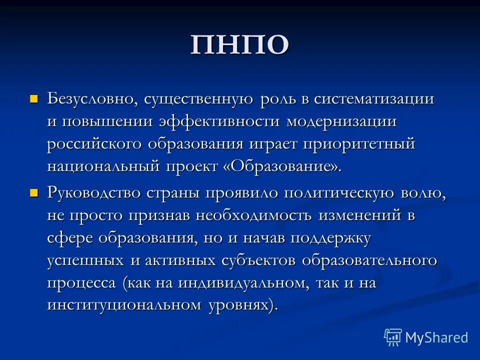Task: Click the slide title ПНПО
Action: point(239,45)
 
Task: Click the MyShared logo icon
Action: point(393,337)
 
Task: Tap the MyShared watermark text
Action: point(436,338)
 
